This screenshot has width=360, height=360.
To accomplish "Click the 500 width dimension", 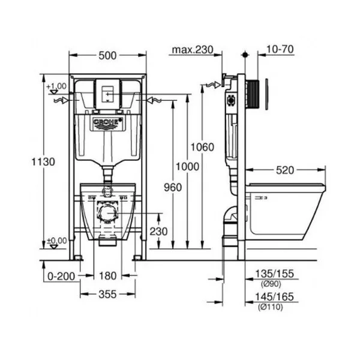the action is (107, 55).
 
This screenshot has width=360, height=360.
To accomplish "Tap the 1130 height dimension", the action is (43, 161).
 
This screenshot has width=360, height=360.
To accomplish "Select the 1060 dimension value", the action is (203, 147).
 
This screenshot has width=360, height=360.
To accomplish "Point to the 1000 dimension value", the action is (187, 166).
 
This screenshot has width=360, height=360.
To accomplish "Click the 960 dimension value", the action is (173, 187).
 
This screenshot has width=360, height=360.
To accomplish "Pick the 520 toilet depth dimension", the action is (284, 170).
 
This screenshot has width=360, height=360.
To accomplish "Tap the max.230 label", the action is (193, 50).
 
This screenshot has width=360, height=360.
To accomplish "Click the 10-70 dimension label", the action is (280, 49).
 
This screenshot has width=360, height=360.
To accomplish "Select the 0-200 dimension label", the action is (61, 276).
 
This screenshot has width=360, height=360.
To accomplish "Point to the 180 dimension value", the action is (107, 275).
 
